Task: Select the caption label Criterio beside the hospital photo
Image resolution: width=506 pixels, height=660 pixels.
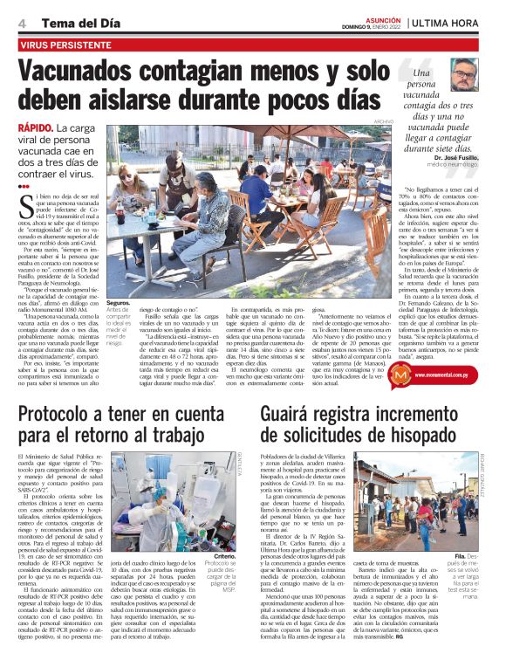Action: [223, 555]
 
